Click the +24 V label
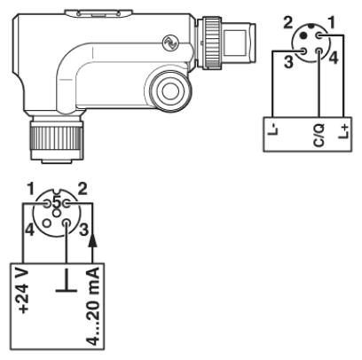(23, 291)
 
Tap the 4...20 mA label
(93, 306)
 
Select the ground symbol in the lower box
(67, 280)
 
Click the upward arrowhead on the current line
(93, 239)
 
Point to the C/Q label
(319, 136)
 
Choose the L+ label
(343, 131)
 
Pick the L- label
(272, 129)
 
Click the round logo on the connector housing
(170, 43)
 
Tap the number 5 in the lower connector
(57, 202)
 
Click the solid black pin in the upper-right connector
(303, 35)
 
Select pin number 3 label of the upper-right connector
(289, 62)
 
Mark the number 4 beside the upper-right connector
(334, 58)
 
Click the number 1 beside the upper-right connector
(332, 22)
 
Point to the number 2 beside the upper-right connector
(287, 22)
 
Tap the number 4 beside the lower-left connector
(29, 230)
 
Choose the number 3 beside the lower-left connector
(84, 230)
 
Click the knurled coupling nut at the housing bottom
(56, 138)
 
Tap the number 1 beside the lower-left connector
(31, 190)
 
